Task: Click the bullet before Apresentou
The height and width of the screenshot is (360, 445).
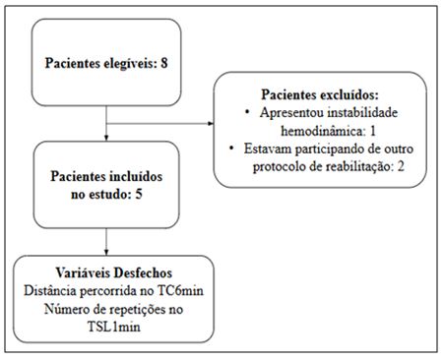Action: tap(245, 111)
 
